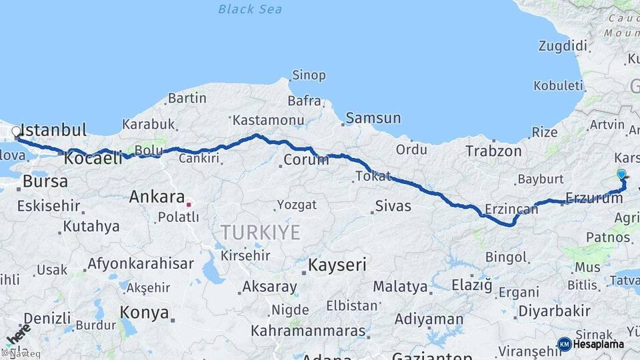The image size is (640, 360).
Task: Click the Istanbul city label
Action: (54, 129)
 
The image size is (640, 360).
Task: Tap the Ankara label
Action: (157, 197)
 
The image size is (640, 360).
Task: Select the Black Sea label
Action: (250, 9)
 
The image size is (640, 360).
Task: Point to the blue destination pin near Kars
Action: (621, 175)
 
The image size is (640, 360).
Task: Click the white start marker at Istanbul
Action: (16, 131)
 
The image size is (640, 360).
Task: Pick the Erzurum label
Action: (593, 197)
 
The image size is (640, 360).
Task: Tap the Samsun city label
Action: (373, 119)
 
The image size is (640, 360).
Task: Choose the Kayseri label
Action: (337, 265)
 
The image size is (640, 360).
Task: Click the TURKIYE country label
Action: (261, 232)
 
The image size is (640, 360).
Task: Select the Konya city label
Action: (143, 311)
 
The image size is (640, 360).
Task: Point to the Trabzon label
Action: (493, 151)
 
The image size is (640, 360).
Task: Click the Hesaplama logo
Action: (591, 344)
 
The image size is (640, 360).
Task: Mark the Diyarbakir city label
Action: (554, 311)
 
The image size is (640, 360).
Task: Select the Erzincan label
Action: (511, 209)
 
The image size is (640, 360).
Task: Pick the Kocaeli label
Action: (93, 158)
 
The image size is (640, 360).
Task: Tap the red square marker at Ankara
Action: (189, 205)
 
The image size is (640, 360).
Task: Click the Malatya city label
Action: (400, 287)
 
